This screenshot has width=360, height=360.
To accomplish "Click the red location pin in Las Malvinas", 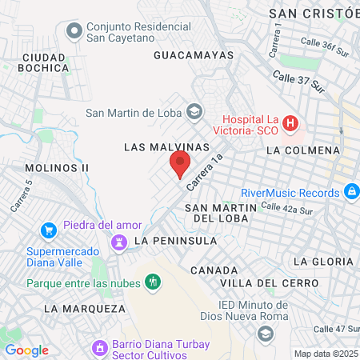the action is (180, 164).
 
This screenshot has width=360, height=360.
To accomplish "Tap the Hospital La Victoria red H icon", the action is (290, 124).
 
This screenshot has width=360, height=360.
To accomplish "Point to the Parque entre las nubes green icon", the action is (152, 282).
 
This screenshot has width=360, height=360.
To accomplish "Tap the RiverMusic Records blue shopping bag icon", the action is (350, 192).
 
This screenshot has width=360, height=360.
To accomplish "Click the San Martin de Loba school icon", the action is (193, 110).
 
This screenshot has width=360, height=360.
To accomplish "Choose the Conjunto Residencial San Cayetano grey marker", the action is (74, 31).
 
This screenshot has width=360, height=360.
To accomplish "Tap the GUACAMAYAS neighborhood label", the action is (193, 55).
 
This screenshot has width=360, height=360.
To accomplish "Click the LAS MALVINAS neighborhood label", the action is (166, 148).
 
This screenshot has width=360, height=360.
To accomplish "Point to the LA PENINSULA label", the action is (176, 240).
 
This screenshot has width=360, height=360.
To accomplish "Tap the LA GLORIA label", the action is (322, 262).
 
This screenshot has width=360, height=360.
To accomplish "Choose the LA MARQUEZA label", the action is (84, 308).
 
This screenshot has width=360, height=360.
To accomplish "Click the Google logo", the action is (26, 350).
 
